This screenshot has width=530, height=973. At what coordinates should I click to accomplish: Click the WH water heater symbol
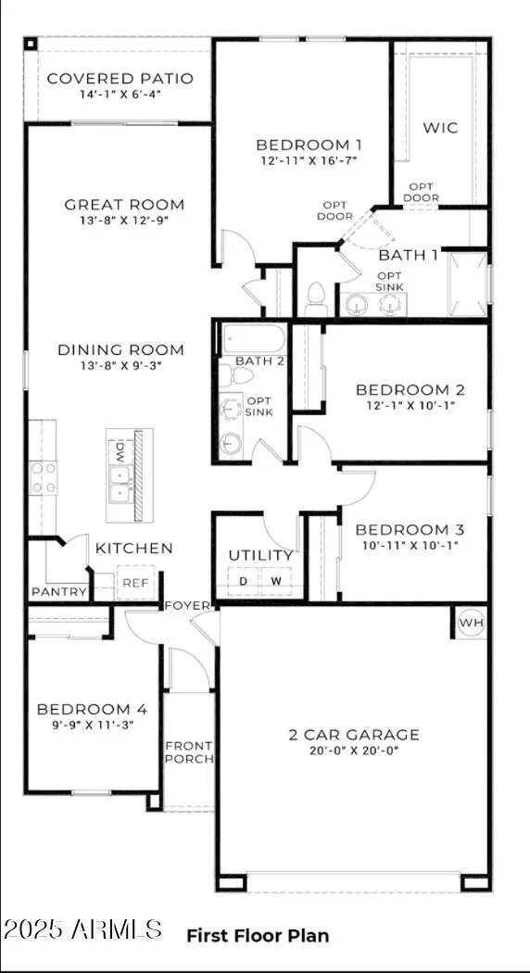(x=471, y=623)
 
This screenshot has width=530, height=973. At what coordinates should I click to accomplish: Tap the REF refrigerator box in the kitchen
(x=135, y=583)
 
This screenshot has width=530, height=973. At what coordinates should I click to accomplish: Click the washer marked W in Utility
(x=275, y=581)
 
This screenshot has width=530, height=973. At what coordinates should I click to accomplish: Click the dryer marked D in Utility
(x=245, y=581)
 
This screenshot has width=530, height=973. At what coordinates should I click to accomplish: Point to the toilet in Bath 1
(x=314, y=297)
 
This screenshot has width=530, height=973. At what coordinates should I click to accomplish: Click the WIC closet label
(x=440, y=128)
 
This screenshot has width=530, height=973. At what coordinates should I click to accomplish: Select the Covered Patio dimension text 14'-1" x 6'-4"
(x=120, y=94)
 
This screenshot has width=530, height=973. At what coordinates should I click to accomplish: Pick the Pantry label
(x=59, y=592)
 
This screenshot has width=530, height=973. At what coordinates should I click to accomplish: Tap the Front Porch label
(x=189, y=752)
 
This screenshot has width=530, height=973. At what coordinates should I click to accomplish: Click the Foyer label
(x=188, y=606)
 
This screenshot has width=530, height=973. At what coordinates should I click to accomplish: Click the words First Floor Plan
(x=258, y=936)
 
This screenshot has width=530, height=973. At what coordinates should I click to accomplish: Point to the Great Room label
(x=124, y=205)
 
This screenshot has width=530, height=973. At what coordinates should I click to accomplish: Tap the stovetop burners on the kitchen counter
(x=44, y=477)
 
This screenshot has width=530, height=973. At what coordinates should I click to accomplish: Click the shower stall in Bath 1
(x=467, y=284)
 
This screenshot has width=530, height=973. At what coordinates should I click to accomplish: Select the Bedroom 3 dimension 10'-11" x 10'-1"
(x=410, y=545)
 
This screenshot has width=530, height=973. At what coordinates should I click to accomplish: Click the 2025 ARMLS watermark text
(x=82, y=929)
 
